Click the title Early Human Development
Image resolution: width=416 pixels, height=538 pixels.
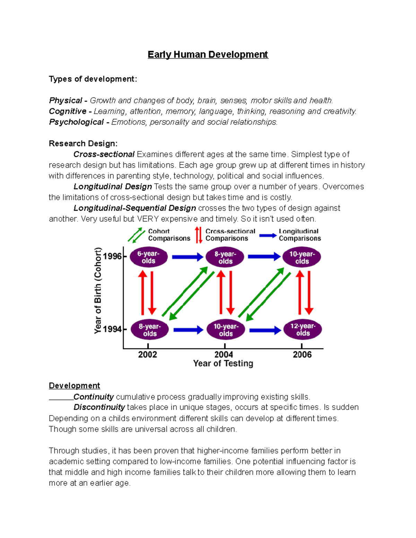[x=208, y=55]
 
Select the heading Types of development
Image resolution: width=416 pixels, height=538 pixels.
[x=93, y=79]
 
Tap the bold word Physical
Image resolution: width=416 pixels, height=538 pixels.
[x=66, y=100]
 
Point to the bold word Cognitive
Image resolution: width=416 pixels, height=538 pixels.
[x=68, y=111]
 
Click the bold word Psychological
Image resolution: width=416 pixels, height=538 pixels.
[x=76, y=122]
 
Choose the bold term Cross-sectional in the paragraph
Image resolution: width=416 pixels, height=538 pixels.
[x=104, y=154]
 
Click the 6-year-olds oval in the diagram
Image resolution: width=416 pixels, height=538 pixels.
[x=149, y=257]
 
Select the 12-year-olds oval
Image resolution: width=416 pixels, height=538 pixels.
[x=303, y=330]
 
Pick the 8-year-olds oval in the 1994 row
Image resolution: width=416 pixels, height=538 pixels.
[x=150, y=330]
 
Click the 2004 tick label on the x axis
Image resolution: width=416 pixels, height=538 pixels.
[x=224, y=354]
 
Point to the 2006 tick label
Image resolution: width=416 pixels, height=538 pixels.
[x=302, y=354]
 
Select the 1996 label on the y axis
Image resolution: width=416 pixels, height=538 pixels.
[x=112, y=256]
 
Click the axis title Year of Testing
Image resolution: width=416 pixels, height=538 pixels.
[x=223, y=363]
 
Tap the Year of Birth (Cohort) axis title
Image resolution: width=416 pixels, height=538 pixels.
[x=98, y=290]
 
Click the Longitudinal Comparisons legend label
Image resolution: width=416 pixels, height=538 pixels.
[x=300, y=235]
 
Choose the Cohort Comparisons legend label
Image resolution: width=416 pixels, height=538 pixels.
[x=169, y=235]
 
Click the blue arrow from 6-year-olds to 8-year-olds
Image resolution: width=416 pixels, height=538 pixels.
[x=187, y=257]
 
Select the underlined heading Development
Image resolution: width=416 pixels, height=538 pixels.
[x=74, y=386]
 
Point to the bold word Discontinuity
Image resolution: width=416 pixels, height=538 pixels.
[x=99, y=407]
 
